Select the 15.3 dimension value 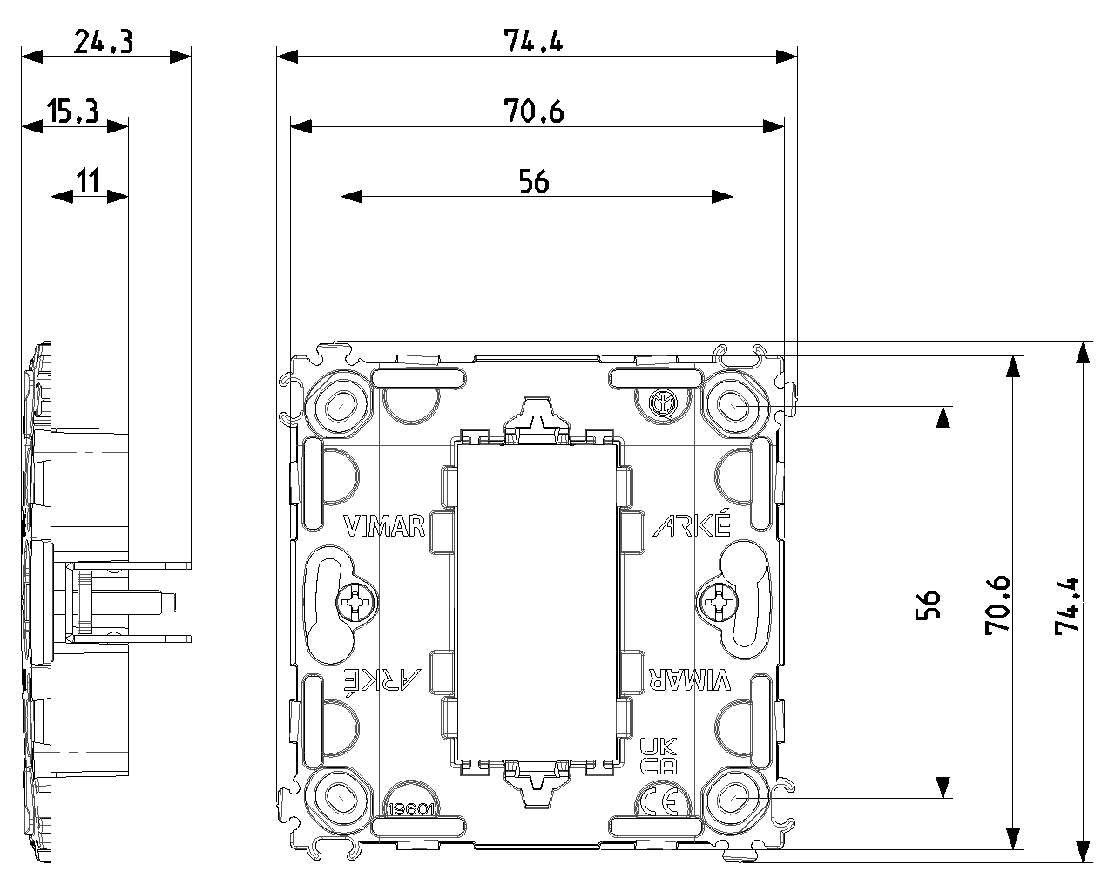(x=72, y=111)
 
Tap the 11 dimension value (x=87, y=181)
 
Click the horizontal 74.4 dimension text (x=533, y=42)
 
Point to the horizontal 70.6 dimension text (x=533, y=111)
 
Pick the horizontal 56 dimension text (x=534, y=181)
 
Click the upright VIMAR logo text (x=384, y=526)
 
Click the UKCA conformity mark (x=659, y=756)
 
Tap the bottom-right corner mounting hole (x=733, y=798)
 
